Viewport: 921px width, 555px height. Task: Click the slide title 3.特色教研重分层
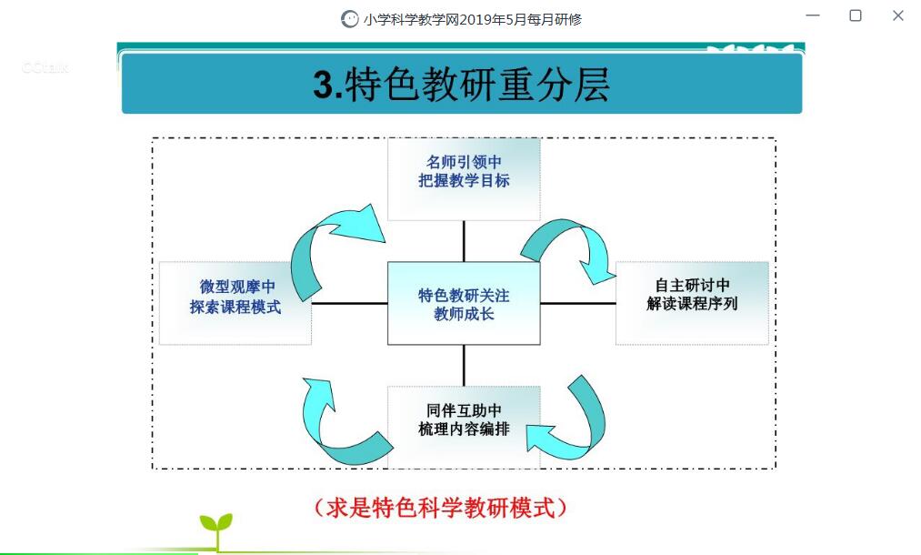462,85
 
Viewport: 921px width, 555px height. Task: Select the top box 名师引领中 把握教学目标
464,179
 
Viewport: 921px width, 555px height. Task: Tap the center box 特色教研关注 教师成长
464,303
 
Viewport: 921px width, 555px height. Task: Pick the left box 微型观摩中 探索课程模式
235,303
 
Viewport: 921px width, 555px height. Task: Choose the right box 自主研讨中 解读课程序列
692,303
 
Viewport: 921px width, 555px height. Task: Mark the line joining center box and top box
464,242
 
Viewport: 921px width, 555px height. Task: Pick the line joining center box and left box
349,303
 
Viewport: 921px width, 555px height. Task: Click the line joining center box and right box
578,303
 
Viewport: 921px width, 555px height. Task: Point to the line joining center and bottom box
464,365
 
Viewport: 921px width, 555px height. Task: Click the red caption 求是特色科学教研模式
441,508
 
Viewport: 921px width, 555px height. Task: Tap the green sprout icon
216,530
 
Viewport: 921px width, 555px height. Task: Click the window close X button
898,15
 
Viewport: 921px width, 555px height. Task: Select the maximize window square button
856,15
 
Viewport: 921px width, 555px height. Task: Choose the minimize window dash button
813,15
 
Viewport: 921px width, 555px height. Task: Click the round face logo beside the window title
349,19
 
